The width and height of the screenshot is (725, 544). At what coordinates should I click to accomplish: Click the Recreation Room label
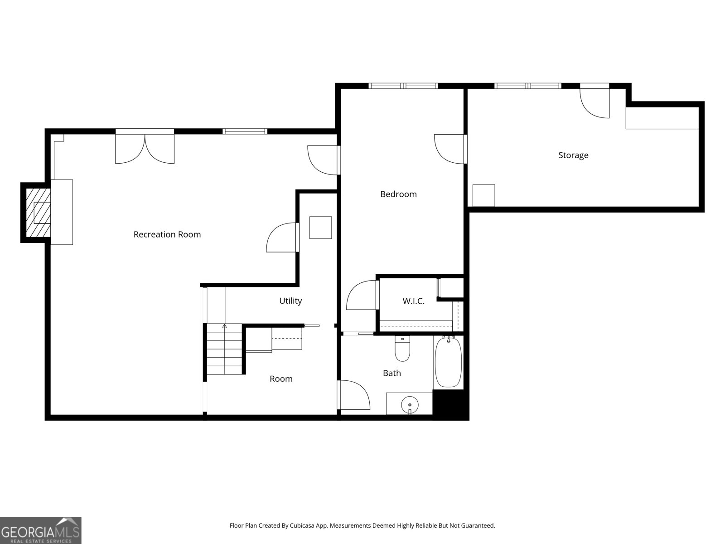click(x=167, y=234)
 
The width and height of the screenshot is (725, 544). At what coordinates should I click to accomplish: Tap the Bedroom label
click(x=398, y=194)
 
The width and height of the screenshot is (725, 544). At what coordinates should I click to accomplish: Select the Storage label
click(x=573, y=155)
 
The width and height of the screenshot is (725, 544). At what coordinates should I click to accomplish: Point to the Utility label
click(x=290, y=301)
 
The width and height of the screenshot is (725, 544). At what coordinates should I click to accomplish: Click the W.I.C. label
click(x=414, y=301)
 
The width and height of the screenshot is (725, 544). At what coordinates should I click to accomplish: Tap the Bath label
click(x=392, y=373)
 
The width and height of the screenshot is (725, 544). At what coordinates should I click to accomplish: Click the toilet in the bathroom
click(x=402, y=349)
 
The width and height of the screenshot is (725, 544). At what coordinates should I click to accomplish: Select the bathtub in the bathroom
click(x=448, y=362)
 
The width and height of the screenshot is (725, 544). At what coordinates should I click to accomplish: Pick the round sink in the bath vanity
click(x=410, y=405)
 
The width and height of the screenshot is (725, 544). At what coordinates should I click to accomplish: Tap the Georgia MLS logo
click(x=41, y=530)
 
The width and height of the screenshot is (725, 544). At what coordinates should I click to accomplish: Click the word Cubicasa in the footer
click(x=302, y=525)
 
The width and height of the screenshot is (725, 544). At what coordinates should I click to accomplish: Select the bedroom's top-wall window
click(x=403, y=86)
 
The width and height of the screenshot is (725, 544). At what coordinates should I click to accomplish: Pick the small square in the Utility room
click(x=320, y=228)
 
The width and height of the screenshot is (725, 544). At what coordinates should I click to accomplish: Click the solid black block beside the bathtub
click(x=451, y=404)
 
